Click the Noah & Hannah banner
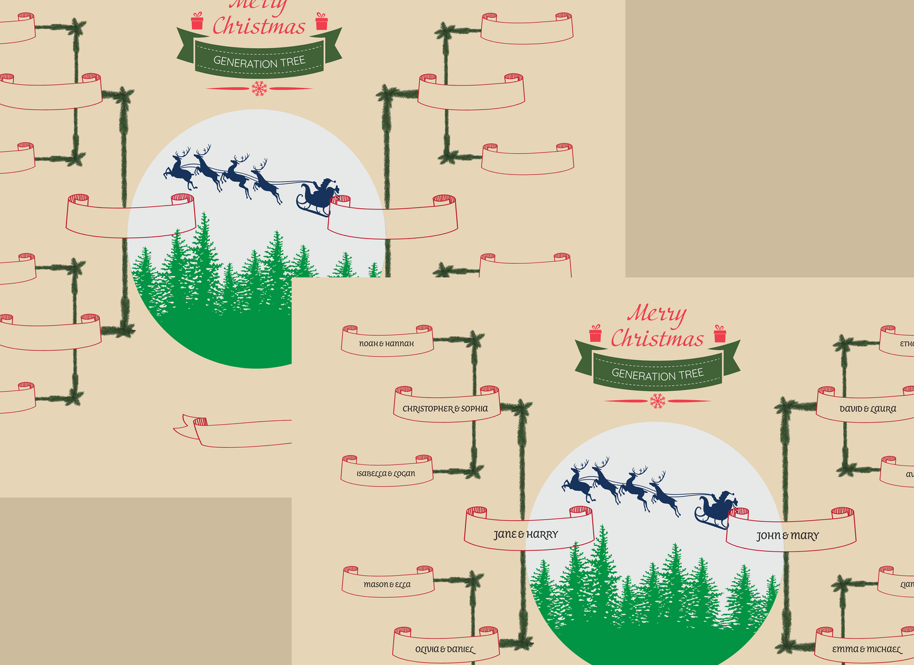(386, 342)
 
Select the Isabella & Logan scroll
(386, 473)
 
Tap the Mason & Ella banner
(387, 584)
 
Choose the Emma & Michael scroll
(866, 649)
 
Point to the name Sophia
(474, 409)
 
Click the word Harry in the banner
(542, 535)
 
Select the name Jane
(505, 535)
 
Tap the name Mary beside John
(805, 536)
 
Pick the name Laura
(883, 409)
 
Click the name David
(851, 409)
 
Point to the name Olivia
(427, 649)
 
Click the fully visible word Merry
(657, 313)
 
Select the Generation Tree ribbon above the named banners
(657, 373)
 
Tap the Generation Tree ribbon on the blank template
(259, 61)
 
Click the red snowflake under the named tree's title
(658, 401)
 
